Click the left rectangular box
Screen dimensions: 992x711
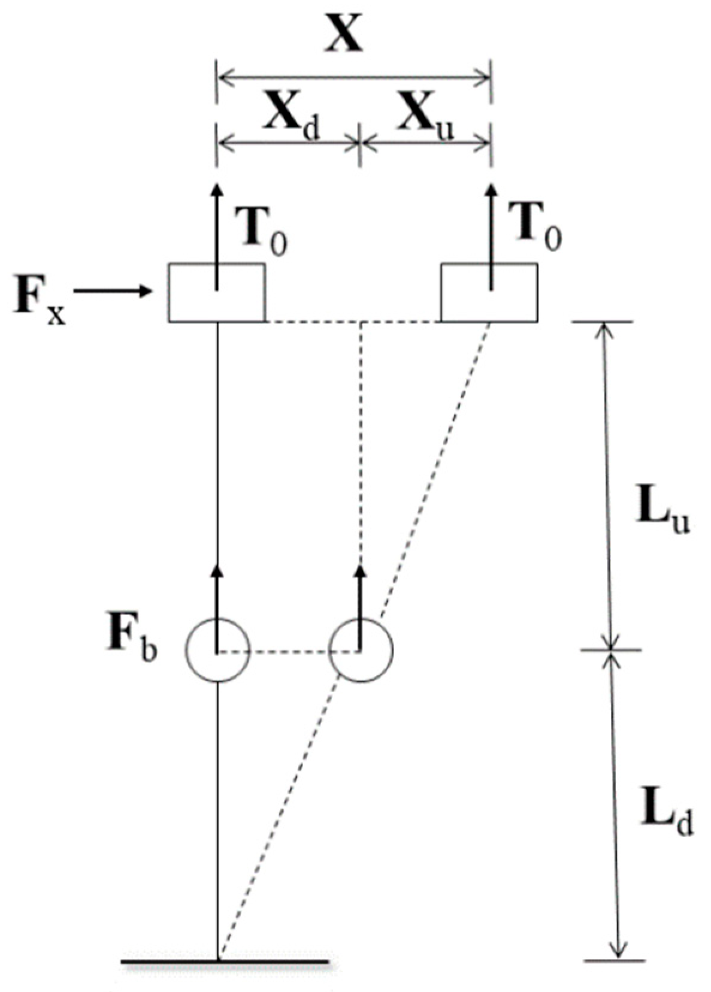216,293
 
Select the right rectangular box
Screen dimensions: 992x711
489,293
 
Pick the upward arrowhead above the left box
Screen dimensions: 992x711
217,190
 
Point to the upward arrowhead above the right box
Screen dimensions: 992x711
491,190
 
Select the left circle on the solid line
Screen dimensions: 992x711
217,651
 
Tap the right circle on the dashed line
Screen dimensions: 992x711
361,651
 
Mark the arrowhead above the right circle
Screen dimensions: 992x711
361,571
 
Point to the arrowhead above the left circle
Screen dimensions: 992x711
217,571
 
